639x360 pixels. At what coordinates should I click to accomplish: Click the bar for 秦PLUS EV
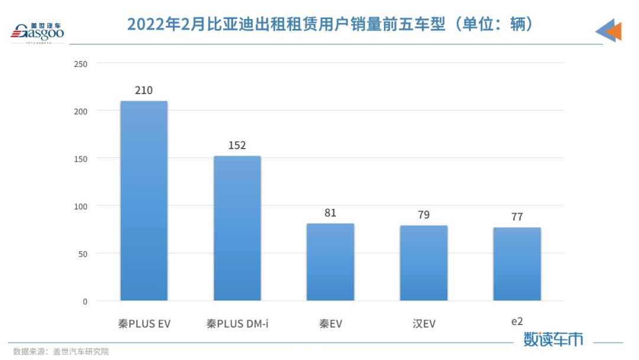(x=144, y=201)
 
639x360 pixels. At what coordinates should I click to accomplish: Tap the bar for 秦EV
(x=330, y=262)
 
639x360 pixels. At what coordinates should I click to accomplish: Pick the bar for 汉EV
(x=424, y=263)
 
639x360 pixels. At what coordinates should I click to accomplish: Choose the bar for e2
(x=517, y=263)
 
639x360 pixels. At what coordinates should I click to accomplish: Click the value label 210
(x=144, y=91)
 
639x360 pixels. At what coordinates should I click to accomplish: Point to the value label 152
(x=237, y=146)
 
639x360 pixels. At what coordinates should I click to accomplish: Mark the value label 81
(x=330, y=213)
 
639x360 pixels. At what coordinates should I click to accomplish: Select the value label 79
(x=424, y=215)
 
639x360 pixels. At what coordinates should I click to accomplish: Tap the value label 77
(x=517, y=217)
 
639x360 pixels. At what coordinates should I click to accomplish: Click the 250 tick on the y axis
(x=80, y=63)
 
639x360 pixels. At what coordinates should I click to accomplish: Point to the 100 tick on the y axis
(x=80, y=206)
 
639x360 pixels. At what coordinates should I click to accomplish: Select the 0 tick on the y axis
(x=85, y=301)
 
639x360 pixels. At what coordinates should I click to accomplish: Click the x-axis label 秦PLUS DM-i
(x=237, y=324)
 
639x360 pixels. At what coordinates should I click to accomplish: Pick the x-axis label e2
(x=517, y=322)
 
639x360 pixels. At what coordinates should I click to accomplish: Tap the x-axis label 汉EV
(x=424, y=324)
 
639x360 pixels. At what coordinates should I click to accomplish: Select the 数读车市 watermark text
(x=553, y=339)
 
